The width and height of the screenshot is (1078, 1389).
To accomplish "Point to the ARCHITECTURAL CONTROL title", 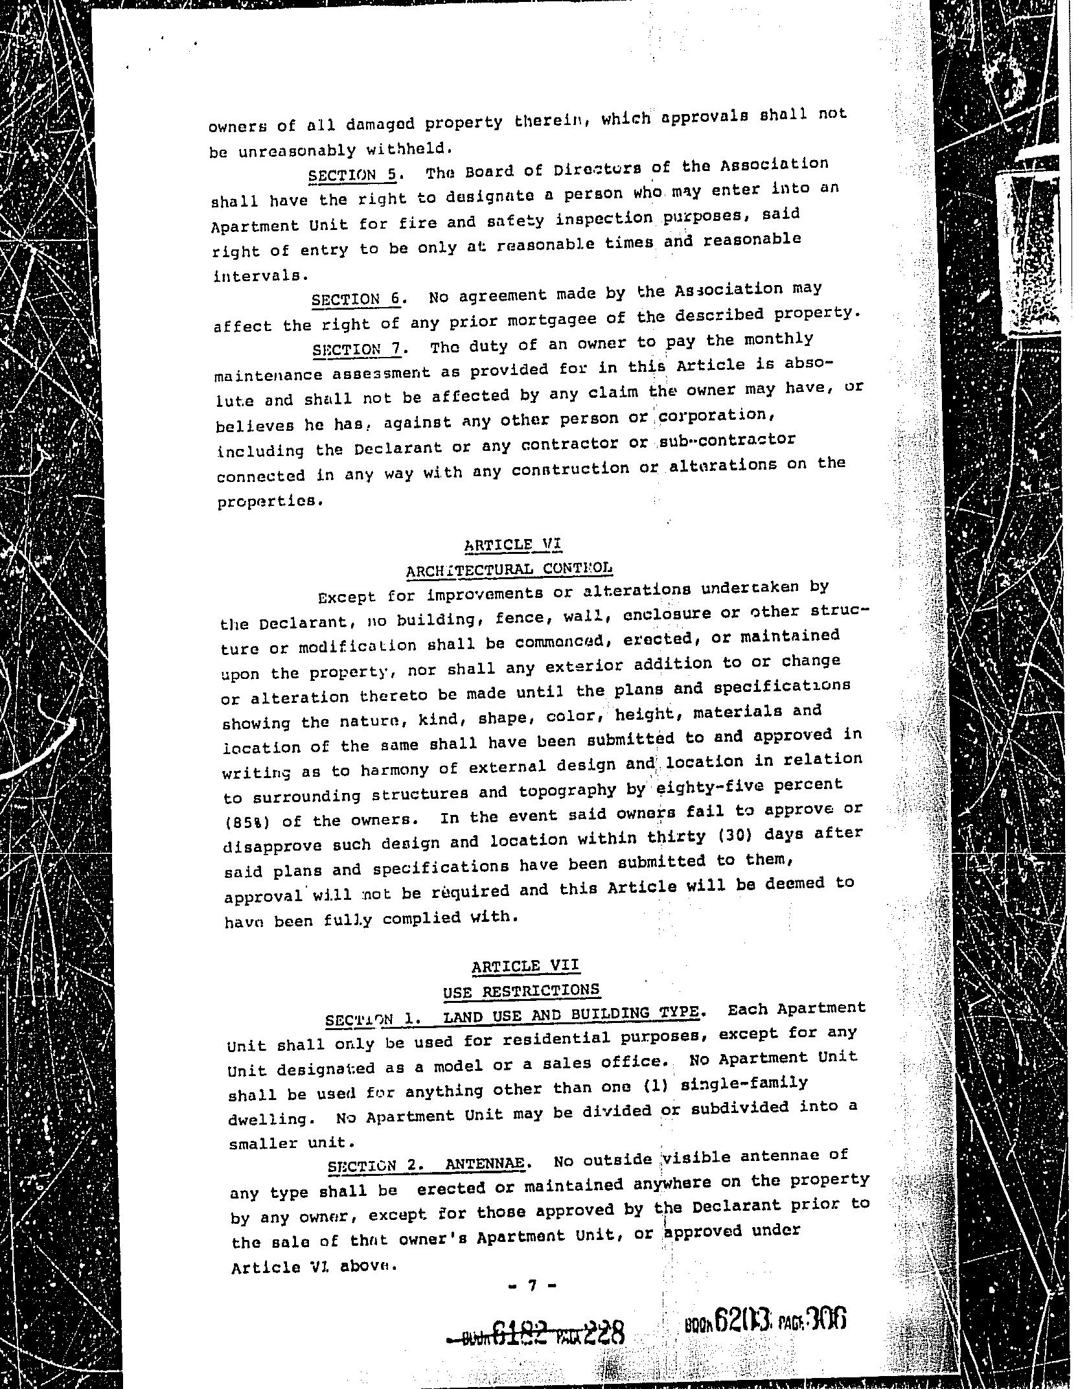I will point(509,570).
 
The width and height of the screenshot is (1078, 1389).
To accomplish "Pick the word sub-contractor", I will point(726,441).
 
